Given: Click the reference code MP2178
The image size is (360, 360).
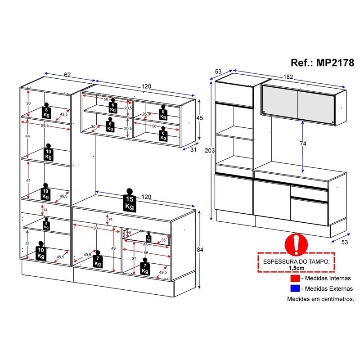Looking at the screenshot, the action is [x=335, y=63].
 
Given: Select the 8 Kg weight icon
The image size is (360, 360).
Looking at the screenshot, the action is [x=46, y=110].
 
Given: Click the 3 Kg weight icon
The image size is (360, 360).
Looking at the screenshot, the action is [x=148, y=238].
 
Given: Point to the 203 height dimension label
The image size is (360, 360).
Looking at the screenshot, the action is [x=210, y=150].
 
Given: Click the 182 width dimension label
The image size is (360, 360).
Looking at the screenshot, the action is [x=288, y=76].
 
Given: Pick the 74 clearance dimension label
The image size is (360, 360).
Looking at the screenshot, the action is [x=303, y=144].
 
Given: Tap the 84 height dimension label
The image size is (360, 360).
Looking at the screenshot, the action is [x=200, y=250].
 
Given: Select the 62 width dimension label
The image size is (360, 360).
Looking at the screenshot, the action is [x=67, y=75].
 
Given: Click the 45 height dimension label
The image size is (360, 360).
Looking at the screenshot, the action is [x=199, y=118].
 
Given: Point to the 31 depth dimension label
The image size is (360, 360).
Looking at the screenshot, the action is [x=193, y=150].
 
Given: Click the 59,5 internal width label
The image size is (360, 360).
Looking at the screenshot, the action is [x=45, y=126].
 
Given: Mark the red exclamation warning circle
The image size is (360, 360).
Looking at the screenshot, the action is [x=296, y=245].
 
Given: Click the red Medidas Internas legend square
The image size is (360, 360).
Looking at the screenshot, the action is [x=295, y=278].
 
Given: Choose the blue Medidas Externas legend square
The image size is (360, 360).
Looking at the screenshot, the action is [x=295, y=288].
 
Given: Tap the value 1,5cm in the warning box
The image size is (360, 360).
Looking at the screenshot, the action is [x=297, y=268].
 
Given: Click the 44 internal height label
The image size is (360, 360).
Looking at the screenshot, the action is [x=27, y=136].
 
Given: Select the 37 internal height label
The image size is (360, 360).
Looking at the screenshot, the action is [x=134, y=258].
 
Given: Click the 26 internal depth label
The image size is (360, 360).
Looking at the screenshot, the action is [x=144, y=114].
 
